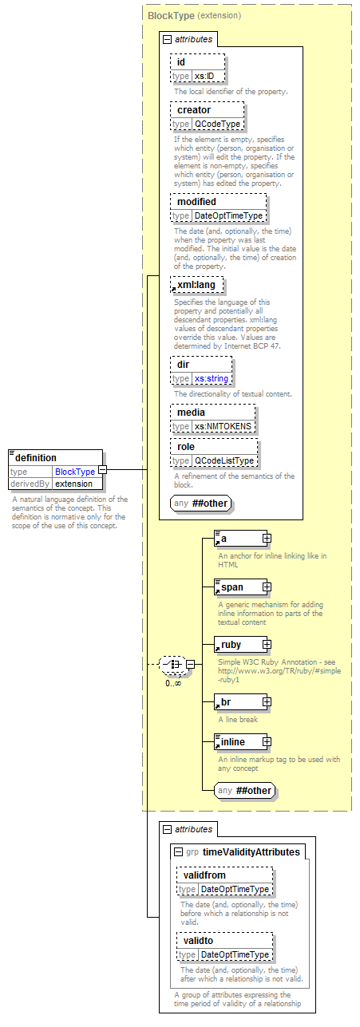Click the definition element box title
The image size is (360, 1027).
(x=36, y=457)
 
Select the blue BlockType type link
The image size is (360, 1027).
(x=75, y=472)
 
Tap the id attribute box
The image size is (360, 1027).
(x=198, y=69)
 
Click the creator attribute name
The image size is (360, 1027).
(x=194, y=110)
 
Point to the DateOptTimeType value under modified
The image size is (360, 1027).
(x=228, y=215)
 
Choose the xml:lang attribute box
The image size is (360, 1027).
(x=197, y=285)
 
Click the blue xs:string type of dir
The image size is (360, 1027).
(x=212, y=378)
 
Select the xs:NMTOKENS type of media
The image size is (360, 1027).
(x=223, y=426)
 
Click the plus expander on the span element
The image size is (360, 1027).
(x=267, y=587)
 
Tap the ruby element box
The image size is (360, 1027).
(x=241, y=645)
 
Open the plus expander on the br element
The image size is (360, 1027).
(x=267, y=702)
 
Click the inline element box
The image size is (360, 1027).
(x=241, y=742)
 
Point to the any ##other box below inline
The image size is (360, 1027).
(x=244, y=791)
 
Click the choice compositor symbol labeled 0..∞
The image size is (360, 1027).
(x=173, y=665)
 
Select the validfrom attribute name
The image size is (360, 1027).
(x=204, y=875)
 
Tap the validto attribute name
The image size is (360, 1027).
(x=198, y=941)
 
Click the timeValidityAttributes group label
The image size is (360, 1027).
(x=251, y=852)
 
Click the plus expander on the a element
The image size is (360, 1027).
(x=267, y=539)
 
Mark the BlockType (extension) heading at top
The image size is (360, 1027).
(x=194, y=16)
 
